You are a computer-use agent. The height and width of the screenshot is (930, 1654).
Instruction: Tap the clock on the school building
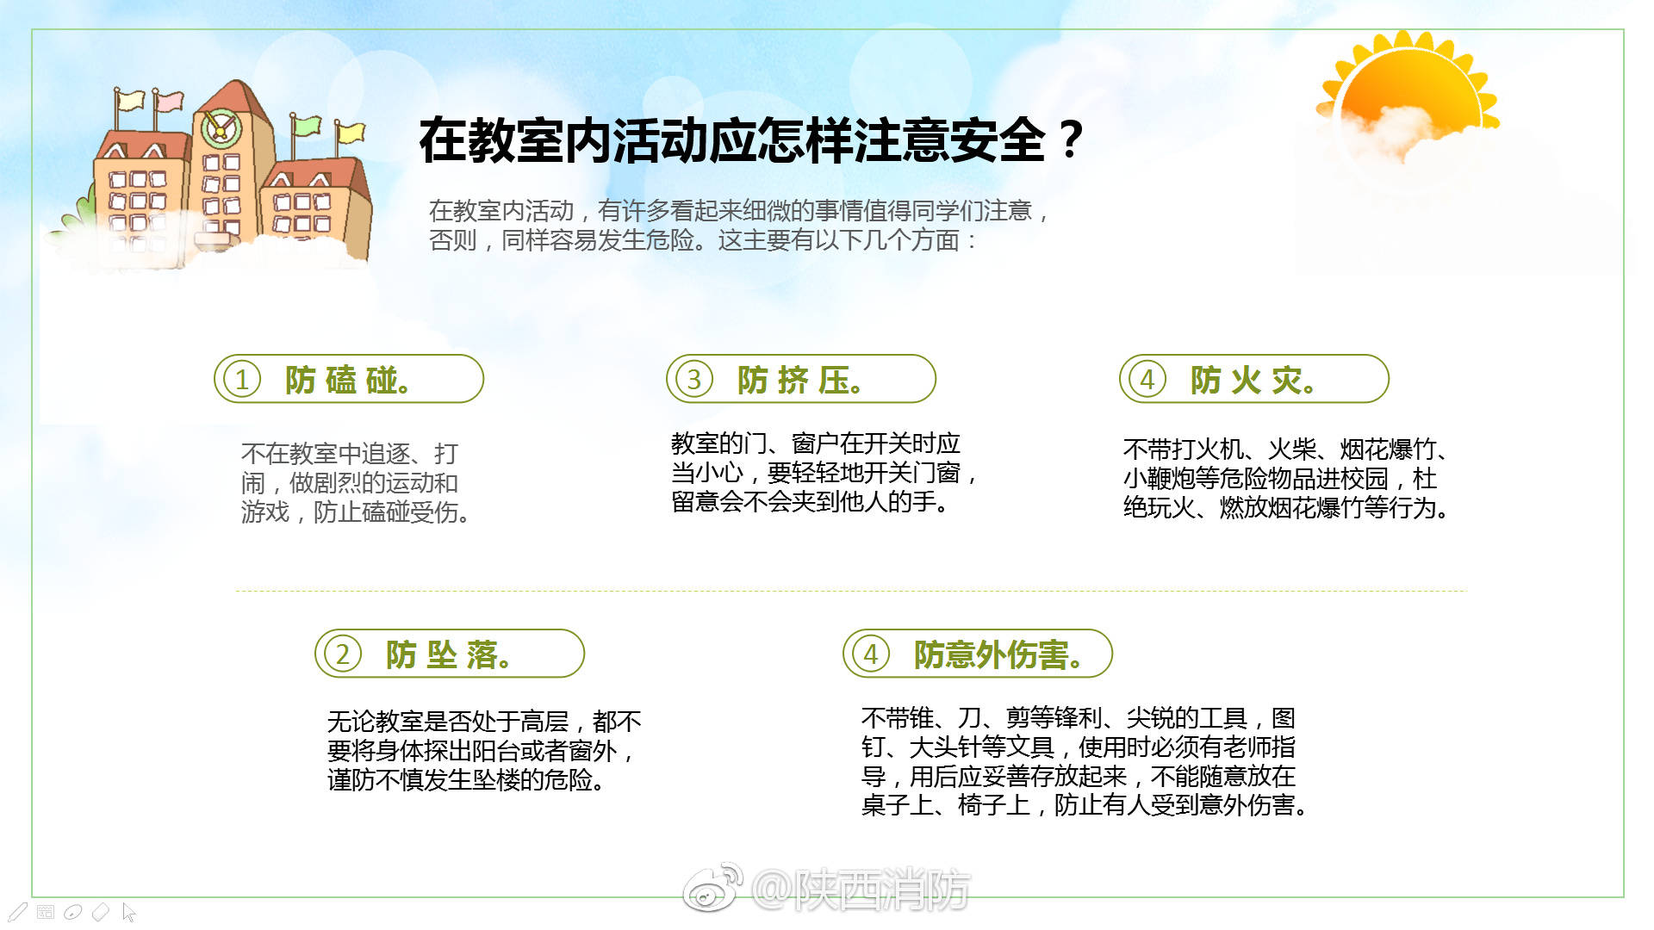(x=220, y=129)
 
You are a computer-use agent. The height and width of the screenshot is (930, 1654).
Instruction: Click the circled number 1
(x=242, y=379)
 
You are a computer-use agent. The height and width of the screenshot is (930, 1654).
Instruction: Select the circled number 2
(x=343, y=654)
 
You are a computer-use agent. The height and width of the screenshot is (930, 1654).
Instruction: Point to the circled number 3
(x=694, y=379)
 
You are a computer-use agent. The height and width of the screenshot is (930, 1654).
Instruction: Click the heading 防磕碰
(x=347, y=380)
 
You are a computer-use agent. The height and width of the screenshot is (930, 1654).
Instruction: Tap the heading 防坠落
(x=448, y=654)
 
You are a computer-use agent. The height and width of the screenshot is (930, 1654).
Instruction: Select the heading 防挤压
(x=799, y=380)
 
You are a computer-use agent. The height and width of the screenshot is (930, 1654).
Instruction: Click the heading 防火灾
(x=1253, y=380)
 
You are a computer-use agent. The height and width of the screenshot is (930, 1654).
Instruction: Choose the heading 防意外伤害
(x=998, y=654)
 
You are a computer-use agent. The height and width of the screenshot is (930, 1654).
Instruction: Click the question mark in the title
(x=1071, y=139)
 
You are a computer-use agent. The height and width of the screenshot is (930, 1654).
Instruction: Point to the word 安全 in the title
(x=999, y=140)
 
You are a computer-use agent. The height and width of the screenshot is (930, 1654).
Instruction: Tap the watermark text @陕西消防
(x=861, y=889)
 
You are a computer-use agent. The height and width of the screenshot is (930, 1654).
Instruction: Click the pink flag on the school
(x=169, y=101)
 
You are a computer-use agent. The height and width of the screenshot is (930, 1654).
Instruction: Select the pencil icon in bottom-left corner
(x=17, y=912)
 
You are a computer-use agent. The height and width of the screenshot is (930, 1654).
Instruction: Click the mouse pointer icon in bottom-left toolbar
(x=129, y=912)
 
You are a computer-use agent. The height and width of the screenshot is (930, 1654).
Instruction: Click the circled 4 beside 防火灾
(x=1147, y=379)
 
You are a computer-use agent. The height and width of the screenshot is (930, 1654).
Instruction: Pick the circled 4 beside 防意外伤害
(x=871, y=654)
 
